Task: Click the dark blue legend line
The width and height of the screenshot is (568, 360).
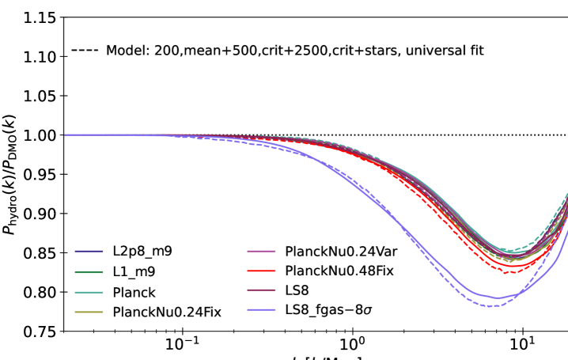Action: pos(89,252)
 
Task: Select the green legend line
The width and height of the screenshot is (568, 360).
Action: pos(89,272)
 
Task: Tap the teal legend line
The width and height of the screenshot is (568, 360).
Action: pos(89,293)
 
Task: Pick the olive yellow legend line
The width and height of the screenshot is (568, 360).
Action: pos(89,313)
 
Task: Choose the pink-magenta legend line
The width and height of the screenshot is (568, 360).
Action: pos(261,251)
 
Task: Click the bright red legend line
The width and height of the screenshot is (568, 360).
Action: pos(261,271)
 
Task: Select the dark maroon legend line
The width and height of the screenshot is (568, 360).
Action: pos(261,290)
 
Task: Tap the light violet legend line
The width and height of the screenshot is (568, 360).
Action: pos(261,309)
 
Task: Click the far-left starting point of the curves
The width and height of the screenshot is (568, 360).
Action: pos(65,135)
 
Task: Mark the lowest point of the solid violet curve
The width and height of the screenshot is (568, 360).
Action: pos(498,298)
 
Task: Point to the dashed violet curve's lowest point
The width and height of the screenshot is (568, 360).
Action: pos(492,306)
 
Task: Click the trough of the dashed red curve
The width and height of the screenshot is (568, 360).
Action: pos(505,273)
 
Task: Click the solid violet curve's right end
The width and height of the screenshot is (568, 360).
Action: pos(567,230)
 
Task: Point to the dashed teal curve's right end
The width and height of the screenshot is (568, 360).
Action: pos(567,192)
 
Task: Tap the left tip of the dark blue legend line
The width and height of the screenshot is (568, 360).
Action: pos(75,252)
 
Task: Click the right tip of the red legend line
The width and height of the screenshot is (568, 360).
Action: pos(275,271)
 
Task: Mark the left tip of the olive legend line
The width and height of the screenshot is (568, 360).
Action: pos(75,313)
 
